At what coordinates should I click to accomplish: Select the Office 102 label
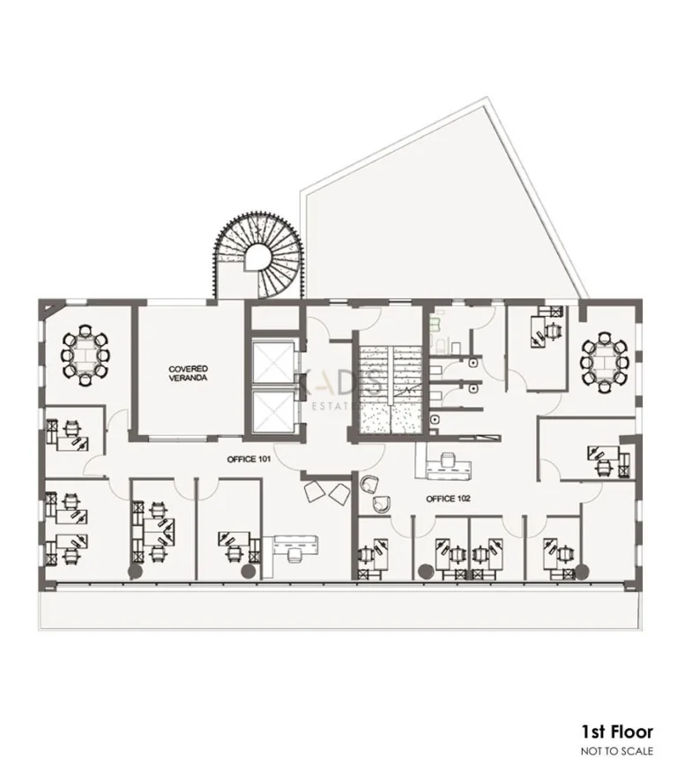click(448, 499)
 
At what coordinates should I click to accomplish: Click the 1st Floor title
click(616, 731)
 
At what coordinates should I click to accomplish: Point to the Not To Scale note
click(616, 751)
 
